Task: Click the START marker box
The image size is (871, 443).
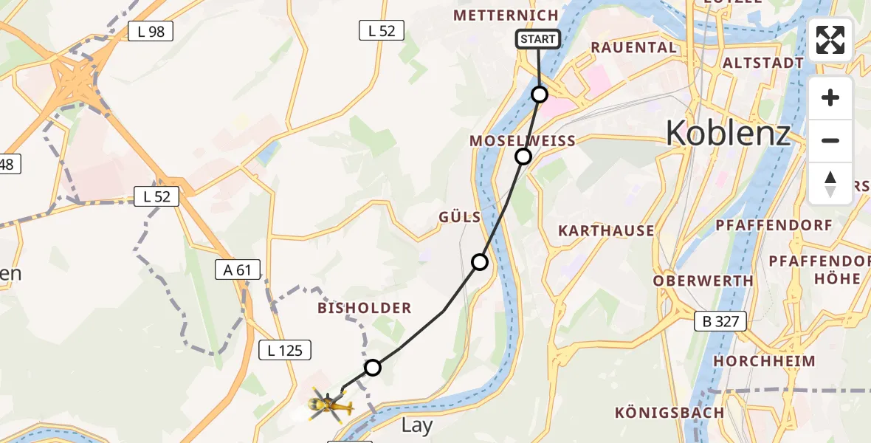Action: pyautogui.click(x=538, y=39)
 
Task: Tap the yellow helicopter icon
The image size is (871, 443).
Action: pyautogui.click(x=327, y=404)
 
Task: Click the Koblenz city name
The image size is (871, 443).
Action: pyautogui.click(x=728, y=134)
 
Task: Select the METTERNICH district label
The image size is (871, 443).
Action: pyautogui.click(x=506, y=16)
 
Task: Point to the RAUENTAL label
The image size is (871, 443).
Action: pyautogui.click(x=634, y=48)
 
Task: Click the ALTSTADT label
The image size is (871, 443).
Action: pyautogui.click(x=762, y=63)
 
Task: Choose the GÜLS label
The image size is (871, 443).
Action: pyautogui.click(x=459, y=217)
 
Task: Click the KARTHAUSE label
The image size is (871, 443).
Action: pyautogui.click(x=606, y=230)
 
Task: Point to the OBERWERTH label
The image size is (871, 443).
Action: pyautogui.click(x=703, y=281)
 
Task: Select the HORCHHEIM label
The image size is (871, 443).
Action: pyautogui.click(x=764, y=361)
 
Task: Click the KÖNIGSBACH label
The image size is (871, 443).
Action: pyautogui.click(x=669, y=412)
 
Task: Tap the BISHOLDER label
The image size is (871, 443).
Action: pyautogui.click(x=364, y=308)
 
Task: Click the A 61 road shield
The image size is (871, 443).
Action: pyautogui.click(x=238, y=270)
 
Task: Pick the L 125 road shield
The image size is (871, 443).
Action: pyautogui.click(x=285, y=351)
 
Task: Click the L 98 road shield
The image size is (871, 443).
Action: pyautogui.click(x=151, y=31)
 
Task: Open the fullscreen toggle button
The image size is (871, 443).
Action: pyautogui.click(x=830, y=40)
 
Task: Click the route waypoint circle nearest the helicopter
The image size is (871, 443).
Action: pyautogui.click(x=373, y=368)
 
